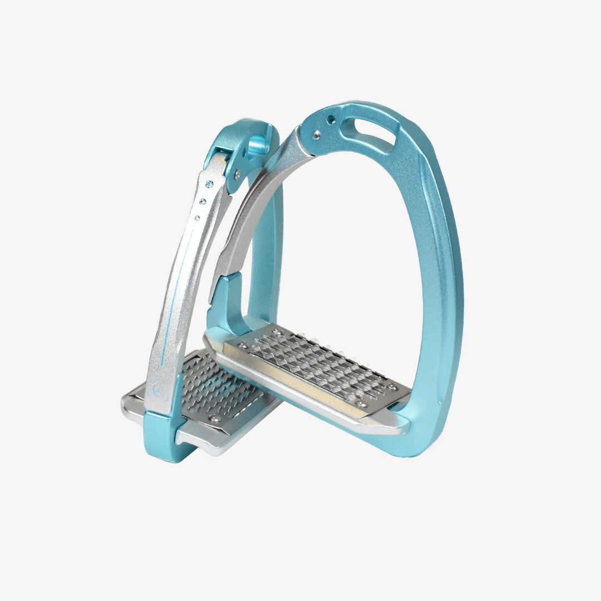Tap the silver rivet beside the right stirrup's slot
[317, 134]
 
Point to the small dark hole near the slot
[331, 119]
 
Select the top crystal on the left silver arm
[209, 184]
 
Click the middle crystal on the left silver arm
[203, 201]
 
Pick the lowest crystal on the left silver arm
[197, 218]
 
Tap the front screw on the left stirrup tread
[212, 417]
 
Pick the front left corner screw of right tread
[240, 345]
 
